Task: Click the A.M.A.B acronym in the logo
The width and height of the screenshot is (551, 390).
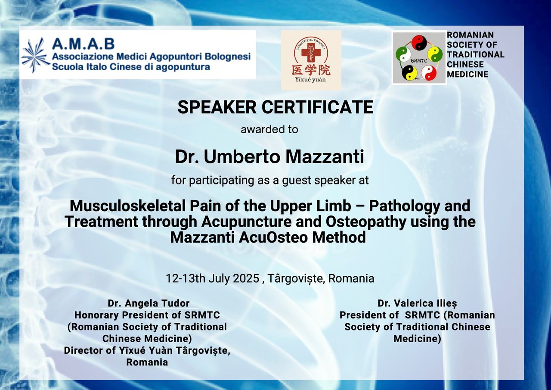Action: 83,44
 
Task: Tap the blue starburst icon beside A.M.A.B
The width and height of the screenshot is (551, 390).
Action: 36,54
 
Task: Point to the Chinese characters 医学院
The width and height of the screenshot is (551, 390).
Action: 311,70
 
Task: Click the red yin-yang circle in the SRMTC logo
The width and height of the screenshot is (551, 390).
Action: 418,43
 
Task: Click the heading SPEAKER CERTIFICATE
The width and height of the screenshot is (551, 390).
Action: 275,107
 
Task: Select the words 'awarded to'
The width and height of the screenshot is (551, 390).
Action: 269,129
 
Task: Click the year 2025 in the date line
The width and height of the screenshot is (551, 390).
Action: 246,278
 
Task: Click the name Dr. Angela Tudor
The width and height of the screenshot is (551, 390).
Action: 149,303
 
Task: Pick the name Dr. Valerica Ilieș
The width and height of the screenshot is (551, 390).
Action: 417,303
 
